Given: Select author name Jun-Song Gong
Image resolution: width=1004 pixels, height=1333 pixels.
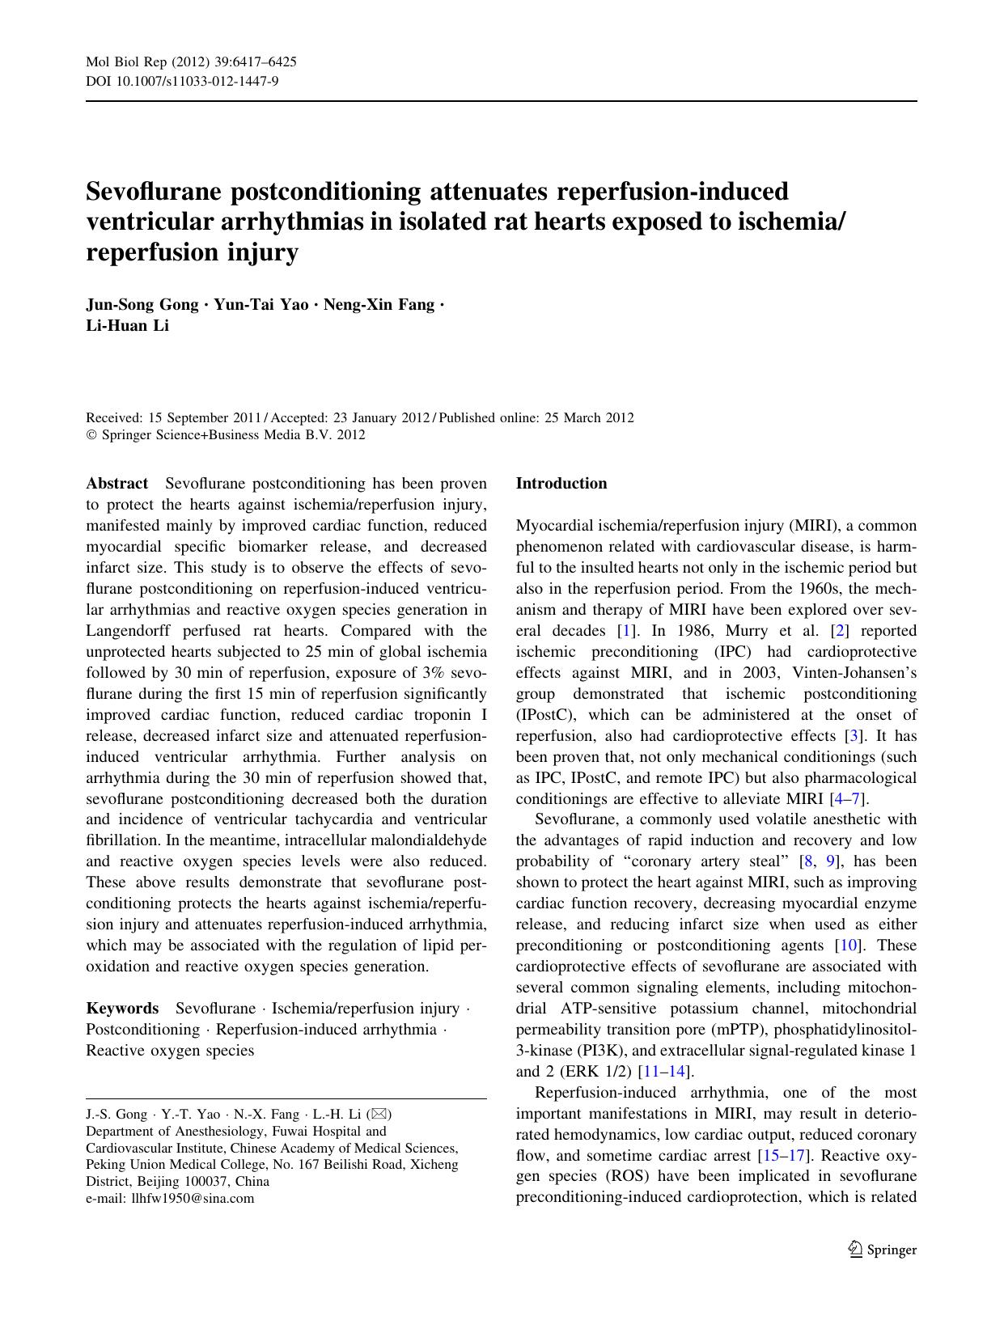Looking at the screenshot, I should pos(142,305).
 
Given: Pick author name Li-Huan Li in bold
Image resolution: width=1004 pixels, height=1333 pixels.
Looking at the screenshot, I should pos(127,326).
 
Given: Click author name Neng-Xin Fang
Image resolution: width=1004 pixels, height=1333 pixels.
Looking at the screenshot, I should pos(379,305).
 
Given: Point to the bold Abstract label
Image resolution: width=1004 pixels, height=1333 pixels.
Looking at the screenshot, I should pos(116,484).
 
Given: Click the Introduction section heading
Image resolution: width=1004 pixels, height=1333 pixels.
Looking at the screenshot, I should pos(561,484).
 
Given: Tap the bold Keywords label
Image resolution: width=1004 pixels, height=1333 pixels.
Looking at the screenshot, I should pos(122,1009).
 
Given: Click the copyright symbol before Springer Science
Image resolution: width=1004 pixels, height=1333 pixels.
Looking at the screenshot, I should pos(91,435).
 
